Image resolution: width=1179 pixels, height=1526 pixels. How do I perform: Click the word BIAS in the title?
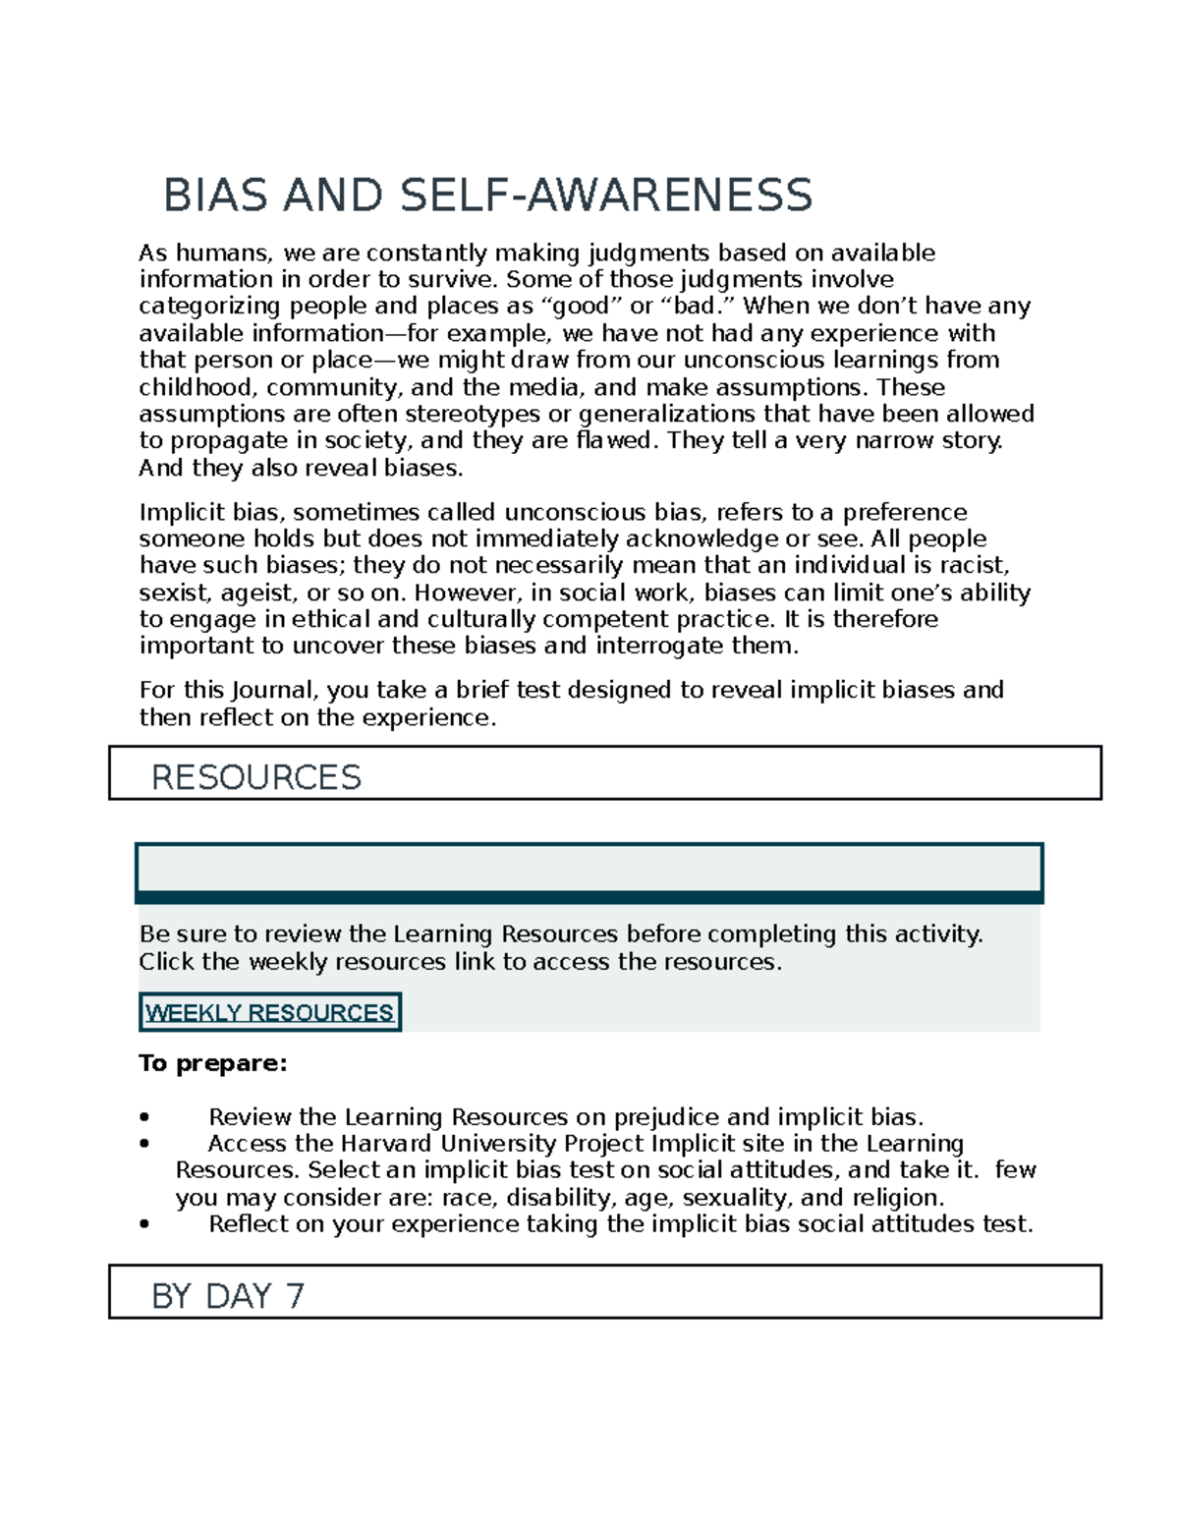pos(215,195)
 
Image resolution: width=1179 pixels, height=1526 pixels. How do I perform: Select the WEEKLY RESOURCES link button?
pos(269,1012)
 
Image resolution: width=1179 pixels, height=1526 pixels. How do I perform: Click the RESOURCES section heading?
pos(255,777)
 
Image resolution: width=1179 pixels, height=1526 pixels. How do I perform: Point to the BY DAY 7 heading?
pos(228,1296)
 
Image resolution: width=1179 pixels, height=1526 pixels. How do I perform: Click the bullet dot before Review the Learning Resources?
pos(144,1117)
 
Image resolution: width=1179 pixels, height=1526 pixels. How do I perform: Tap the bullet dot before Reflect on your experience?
pos(144,1224)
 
